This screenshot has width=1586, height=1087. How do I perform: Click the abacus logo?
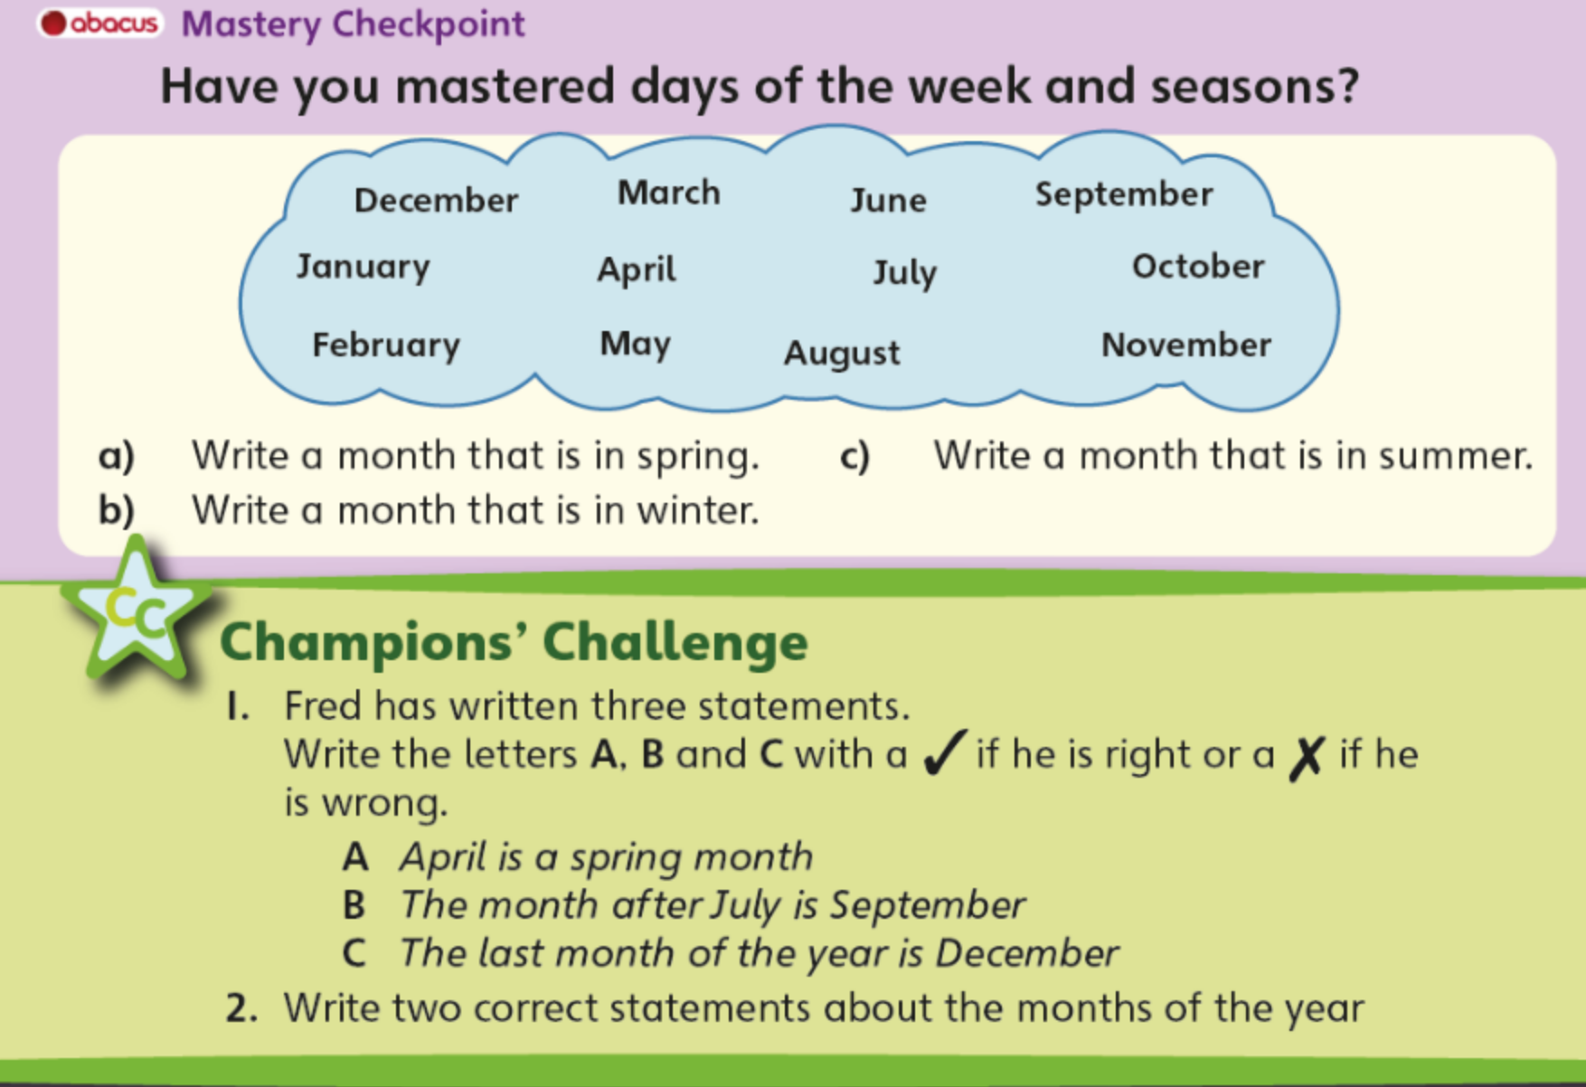point(100,23)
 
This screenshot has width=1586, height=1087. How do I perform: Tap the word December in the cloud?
point(436,200)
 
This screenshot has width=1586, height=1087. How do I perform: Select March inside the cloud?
point(668,193)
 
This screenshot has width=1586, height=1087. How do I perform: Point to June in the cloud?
point(888,200)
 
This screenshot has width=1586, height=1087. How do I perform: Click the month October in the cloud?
point(1198,266)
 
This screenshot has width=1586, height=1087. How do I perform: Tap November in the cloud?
point(1185,345)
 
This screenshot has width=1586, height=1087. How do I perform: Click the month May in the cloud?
point(635,345)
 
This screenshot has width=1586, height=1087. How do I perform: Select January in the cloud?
point(363,267)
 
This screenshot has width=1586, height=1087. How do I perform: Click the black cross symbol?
point(1307,757)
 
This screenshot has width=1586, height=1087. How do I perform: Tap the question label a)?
point(116,456)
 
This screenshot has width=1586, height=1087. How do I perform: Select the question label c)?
point(854,456)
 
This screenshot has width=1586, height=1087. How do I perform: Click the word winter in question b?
point(697,511)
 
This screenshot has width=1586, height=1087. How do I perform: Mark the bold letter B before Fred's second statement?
point(354,905)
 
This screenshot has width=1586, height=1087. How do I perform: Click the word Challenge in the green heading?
point(675,641)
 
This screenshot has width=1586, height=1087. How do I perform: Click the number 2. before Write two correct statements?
point(242,1008)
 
